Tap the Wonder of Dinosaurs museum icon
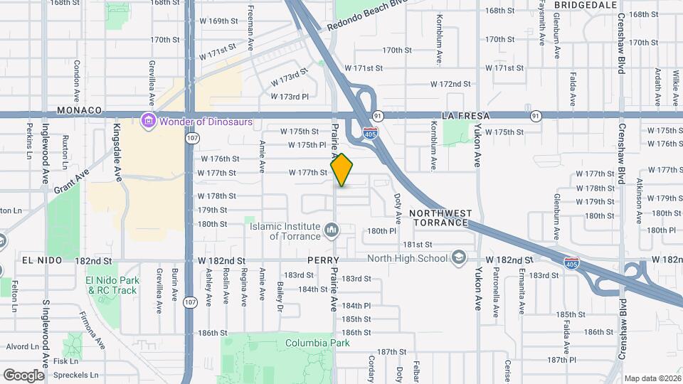pyautogui.click(x=148, y=122)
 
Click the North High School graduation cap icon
pyautogui.click(x=460, y=257)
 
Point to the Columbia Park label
pyautogui.click(x=318, y=343)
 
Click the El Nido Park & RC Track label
pyautogui.click(x=112, y=285)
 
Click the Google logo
pyautogui.click(x=23, y=375)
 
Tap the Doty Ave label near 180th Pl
pyautogui.click(x=397, y=204)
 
